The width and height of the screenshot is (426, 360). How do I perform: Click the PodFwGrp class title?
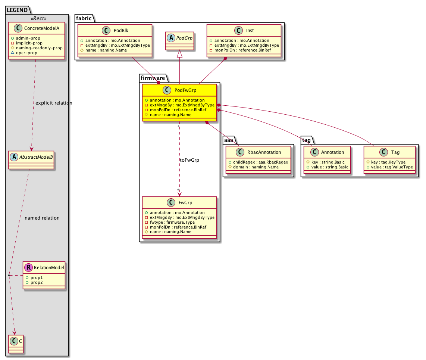(x=185, y=90)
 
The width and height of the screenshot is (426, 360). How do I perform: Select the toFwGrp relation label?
(x=189, y=160)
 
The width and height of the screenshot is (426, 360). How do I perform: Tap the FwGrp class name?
(x=185, y=202)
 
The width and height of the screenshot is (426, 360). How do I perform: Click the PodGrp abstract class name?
(x=184, y=38)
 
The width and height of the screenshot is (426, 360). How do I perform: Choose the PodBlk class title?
(x=121, y=31)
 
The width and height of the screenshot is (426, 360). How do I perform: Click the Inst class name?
(x=250, y=31)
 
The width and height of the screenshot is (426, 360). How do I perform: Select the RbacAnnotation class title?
(x=264, y=152)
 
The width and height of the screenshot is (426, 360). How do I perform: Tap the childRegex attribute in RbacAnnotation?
(x=258, y=162)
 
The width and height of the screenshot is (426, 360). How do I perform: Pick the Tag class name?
(x=395, y=152)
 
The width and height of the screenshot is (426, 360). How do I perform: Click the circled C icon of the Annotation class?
(x=314, y=152)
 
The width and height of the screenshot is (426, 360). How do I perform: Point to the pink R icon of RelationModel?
(x=28, y=267)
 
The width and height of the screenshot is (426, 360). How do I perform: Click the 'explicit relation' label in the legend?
(x=54, y=103)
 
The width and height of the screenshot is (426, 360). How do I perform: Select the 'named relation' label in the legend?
(x=42, y=218)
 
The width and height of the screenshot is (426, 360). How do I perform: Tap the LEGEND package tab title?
(x=17, y=10)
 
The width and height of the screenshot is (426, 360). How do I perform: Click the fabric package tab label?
(x=84, y=18)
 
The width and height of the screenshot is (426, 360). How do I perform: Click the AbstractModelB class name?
(x=36, y=157)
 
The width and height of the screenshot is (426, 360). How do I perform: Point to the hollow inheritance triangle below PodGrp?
(x=179, y=54)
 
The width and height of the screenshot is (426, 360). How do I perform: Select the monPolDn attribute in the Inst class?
(x=240, y=50)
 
